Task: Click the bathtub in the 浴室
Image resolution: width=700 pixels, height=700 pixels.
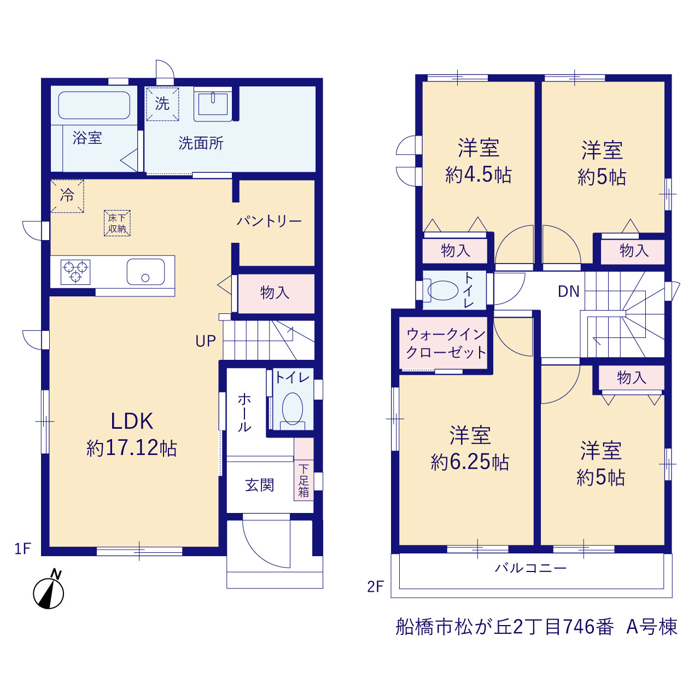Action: pos(94,106)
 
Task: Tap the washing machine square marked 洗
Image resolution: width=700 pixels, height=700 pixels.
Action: pos(162,104)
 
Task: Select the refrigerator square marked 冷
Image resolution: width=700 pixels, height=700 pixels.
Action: pos(67,196)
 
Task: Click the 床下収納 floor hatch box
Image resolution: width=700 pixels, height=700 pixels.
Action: pos(117,223)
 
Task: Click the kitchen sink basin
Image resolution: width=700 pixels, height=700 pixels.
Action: pos(145,272)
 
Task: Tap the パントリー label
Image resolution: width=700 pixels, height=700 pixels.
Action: pos(269,221)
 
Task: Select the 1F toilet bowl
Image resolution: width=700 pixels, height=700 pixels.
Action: pos(292,409)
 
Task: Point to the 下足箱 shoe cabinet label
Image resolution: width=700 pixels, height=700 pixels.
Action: pos(304,480)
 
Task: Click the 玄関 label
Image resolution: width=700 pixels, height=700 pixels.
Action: pos(259,485)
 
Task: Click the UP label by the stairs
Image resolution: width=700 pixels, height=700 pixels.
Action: pos(206,341)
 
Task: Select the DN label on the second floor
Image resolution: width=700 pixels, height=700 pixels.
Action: pos(569,291)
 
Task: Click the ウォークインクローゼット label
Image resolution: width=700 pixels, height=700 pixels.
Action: pos(446,343)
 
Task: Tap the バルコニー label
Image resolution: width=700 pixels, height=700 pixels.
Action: pos(530,568)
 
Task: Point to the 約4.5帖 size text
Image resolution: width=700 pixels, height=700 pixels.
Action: pos(479,175)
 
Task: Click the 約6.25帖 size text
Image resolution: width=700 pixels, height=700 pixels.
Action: pos(470,462)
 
